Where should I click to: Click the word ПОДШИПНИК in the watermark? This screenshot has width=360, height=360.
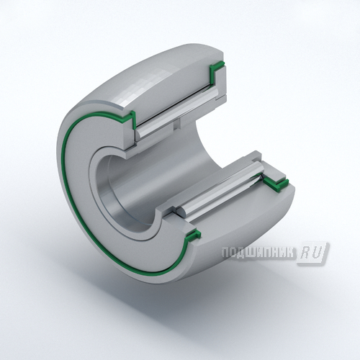click(x=258, y=253)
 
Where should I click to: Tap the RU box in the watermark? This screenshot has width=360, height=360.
click(x=312, y=253)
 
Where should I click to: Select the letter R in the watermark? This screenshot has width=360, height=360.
click(x=307, y=253)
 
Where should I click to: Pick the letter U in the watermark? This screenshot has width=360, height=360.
click(x=318, y=253)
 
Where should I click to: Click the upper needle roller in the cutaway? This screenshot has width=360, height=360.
click(x=177, y=113)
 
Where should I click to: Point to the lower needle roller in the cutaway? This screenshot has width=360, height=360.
click(x=220, y=189)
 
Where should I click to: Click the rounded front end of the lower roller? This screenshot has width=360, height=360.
click(x=181, y=211)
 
